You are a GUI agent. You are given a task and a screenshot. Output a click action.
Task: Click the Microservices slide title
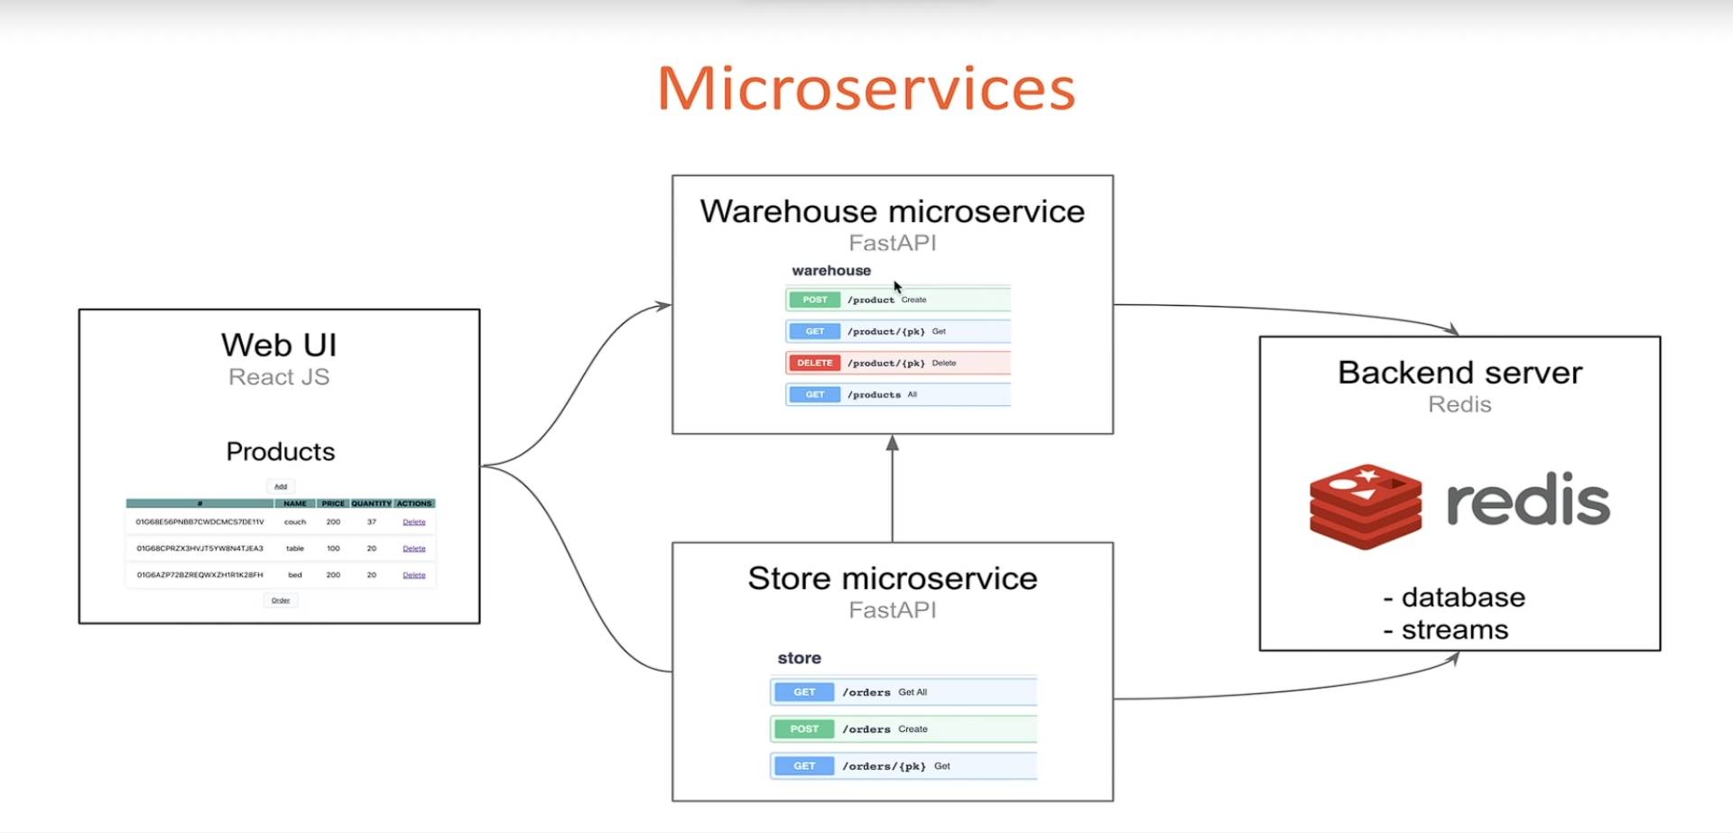pos(866,88)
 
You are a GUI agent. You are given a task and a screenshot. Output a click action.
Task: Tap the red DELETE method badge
pos(814,363)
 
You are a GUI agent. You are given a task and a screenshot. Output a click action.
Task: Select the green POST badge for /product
pos(814,300)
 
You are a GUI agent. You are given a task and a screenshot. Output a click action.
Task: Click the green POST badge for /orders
pos(804,729)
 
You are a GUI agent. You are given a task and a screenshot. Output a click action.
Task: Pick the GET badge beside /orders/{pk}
pos(804,766)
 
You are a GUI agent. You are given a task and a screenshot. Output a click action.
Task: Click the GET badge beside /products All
pos(814,394)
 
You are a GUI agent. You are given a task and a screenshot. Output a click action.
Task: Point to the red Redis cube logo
pos(1366,506)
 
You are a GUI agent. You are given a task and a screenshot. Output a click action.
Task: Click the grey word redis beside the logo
pos(1527,501)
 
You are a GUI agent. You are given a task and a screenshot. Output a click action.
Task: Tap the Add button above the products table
pos(281,486)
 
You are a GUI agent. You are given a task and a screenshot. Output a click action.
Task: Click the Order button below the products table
pos(281,600)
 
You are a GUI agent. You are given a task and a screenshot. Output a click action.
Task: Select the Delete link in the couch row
pos(414,522)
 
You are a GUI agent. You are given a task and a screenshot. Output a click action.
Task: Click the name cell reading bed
pos(295,575)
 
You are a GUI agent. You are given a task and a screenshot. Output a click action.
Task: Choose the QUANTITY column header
pos(371,504)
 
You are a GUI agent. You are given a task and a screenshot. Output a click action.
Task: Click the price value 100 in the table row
pos(333,549)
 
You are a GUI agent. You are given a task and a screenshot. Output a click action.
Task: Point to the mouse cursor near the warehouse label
pos(898,287)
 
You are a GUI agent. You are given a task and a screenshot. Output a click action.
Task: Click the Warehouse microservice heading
pos(892,211)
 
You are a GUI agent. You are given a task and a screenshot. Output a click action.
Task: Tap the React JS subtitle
pos(279,377)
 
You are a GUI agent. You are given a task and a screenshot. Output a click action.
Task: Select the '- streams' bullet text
pos(1446,630)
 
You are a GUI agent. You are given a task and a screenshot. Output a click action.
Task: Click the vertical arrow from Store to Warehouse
pos(892,492)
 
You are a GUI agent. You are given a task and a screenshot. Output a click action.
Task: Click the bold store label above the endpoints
pos(799,658)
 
